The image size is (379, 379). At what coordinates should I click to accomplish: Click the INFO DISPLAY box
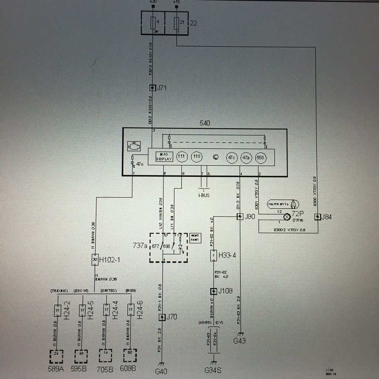click(x=164, y=157)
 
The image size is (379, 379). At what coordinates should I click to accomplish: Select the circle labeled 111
click(x=181, y=157)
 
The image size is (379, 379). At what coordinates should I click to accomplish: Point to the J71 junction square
click(x=152, y=88)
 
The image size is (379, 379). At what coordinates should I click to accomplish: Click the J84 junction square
click(x=317, y=217)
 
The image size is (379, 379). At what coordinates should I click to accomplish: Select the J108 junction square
click(x=213, y=291)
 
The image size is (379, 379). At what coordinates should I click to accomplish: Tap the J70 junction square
click(x=162, y=317)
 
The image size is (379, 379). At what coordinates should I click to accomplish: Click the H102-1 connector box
click(x=95, y=260)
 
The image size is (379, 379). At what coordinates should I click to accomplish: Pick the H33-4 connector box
click(x=213, y=255)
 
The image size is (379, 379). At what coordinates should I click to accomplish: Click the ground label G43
click(x=239, y=341)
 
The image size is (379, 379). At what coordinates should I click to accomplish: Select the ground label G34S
click(x=213, y=370)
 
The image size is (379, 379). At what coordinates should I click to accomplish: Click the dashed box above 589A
click(x=56, y=356)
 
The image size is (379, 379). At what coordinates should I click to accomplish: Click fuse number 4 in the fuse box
click(x=152, y=23)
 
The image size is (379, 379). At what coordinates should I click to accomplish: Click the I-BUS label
click(x=204, y=195)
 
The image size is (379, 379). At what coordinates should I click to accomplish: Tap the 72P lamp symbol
click(x=286, y=217)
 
